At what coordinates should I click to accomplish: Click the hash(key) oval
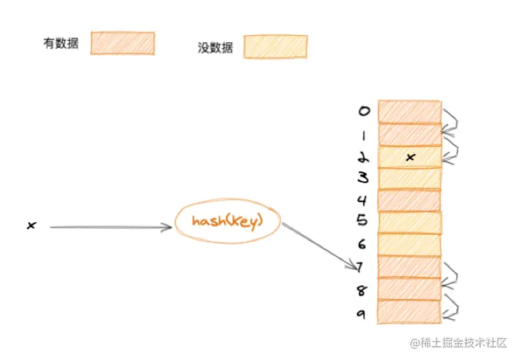click(x=227, y=222)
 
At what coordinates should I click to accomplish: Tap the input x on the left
click(x=31, y=226)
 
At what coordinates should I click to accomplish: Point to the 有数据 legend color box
click(x=122, y=43)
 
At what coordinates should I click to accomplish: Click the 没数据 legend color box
click(x=275, y=46)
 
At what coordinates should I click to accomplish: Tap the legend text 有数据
click(x=61, y=44)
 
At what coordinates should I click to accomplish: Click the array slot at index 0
click(x=410, y=112)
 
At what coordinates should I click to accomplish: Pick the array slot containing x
click(x=410, y=157)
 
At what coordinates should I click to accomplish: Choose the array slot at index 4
click(x=410, y=200)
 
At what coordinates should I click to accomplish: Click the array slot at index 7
click(x=410, y=266)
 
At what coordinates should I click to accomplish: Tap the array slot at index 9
click(x=410, y=311)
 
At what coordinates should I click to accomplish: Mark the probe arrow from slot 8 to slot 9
click(x=451, y=299)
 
